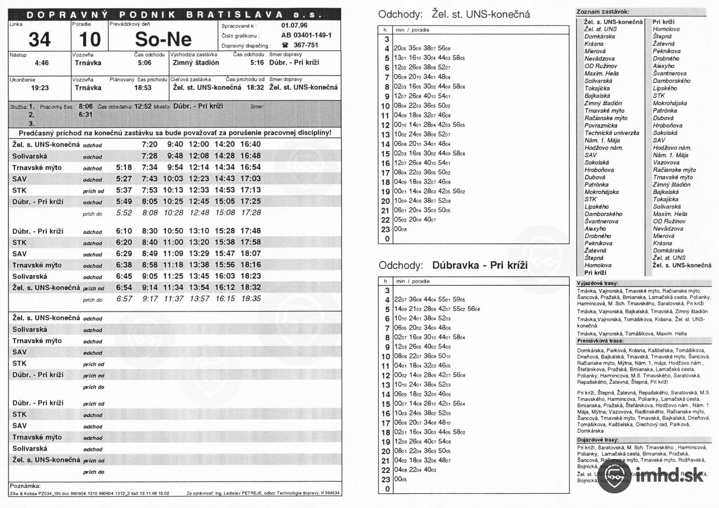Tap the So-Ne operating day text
coord(163,39)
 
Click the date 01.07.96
coord(294,25)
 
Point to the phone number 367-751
coord(306,45)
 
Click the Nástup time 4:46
coord(42,63)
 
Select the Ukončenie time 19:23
coord(40,88)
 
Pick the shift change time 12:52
coord(143,106)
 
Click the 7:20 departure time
coord(149,144)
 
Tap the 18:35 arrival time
coord(251,299)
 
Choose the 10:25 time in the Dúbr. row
coord(173,201)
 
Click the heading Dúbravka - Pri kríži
coord(480,265)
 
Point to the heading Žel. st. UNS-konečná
coord(481,14)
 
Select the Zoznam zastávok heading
coord(597,12)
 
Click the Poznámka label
coord(25,486)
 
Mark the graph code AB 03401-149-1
coord(306,35)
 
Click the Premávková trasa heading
coord(600,341)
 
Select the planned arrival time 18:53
coord(143,88)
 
